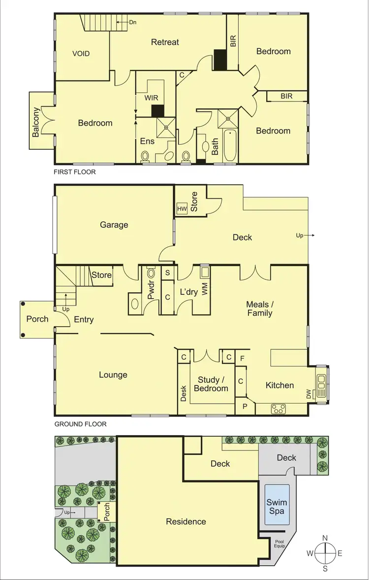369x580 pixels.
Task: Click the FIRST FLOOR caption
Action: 75,172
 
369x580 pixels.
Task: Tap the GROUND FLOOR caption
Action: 80,424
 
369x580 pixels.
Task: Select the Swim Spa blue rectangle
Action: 277,505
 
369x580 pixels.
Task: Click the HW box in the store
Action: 182,209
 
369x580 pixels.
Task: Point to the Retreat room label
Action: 165,42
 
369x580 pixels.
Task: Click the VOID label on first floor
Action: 81,54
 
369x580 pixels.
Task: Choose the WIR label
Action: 151,98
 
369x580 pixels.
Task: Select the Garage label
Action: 114,225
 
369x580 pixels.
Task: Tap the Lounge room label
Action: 113,375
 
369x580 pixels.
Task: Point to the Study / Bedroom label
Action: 211,384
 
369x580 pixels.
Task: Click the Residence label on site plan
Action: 186,521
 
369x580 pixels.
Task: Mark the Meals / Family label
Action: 259,308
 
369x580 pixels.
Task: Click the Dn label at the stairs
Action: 133,22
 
